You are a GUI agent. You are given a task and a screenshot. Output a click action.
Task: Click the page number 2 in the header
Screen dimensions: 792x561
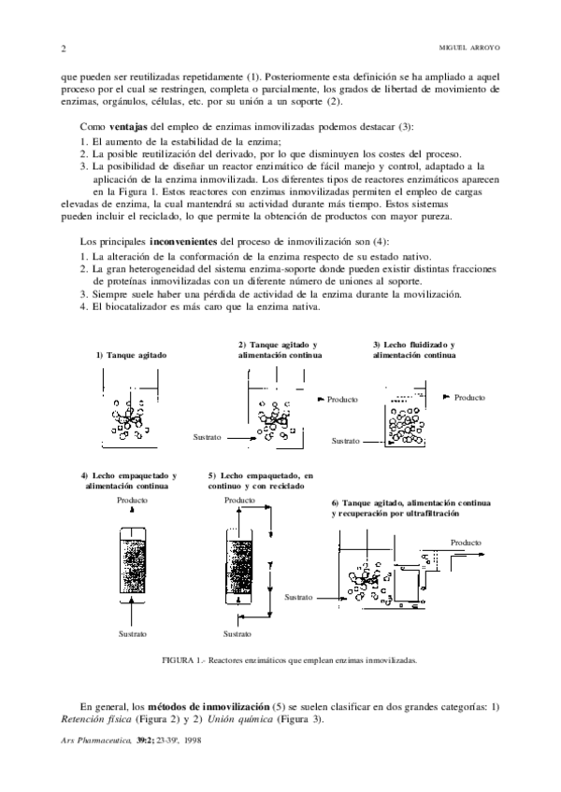(x=62, y=49)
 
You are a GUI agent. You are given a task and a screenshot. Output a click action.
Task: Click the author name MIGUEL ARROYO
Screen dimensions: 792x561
(x=470, y=49)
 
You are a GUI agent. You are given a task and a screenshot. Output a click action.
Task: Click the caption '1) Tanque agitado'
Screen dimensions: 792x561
(x=131, y=354)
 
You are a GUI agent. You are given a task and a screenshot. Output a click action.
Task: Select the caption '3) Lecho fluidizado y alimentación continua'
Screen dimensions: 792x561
(x=415, y=350)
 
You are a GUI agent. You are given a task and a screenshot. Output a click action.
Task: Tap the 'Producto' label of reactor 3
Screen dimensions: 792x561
(x=469, y=397)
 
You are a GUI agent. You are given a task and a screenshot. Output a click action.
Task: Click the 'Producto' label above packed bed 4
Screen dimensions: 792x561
(x=133, y=500)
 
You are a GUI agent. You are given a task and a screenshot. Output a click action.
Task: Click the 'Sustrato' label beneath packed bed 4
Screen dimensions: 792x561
(x=133, y=634)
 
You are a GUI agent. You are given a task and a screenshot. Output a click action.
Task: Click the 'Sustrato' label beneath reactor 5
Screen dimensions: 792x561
(x=237, y=634)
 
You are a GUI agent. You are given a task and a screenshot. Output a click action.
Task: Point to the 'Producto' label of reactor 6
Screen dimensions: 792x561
(x=466, y=543)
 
